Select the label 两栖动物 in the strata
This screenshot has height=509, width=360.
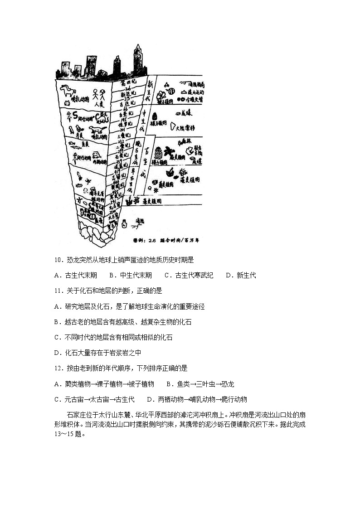click(x=100, y=161)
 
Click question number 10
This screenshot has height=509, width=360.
click(x=58, y=260)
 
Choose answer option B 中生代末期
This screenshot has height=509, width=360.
click(x=131, y=275)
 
